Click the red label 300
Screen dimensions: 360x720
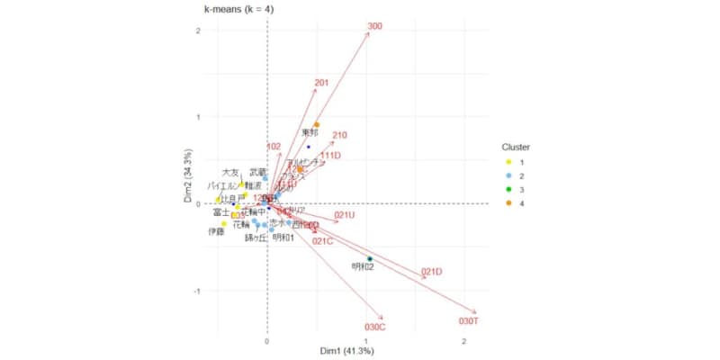(375, 26)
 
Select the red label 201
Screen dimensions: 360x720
(321, 84)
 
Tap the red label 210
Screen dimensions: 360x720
(339, 136)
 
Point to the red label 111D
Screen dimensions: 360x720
(330, 155)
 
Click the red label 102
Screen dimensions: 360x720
(274, 146)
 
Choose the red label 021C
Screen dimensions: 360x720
(323, 240)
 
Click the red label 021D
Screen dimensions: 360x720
(432, 272)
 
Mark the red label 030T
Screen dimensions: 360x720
(468, 320)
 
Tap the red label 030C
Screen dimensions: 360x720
(375, 327)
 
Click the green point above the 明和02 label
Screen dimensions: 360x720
(369, 259)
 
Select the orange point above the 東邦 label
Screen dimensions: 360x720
(317, 125)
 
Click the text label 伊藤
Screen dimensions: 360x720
(216, 231)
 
